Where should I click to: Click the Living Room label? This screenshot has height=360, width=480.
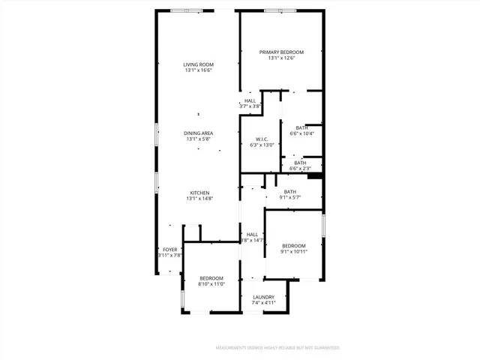(199, 64)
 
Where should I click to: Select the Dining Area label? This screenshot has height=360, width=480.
(199, 133)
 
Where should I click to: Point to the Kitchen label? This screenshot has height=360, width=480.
(199, 192)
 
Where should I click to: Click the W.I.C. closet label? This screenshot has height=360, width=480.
(262, 139)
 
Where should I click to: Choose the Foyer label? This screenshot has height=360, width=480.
(170, 249)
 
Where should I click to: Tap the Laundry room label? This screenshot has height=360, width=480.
(263, 297)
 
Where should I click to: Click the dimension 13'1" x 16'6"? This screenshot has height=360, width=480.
(199, 70)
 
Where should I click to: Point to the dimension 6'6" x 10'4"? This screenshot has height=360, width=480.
(301, 133)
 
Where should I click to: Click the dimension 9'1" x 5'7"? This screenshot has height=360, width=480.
(289, 198)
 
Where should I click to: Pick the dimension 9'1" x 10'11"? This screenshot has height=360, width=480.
(293, 252)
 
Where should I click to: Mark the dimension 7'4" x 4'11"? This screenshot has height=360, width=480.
(263, 303)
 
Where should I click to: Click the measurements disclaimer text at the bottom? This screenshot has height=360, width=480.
(277, 348)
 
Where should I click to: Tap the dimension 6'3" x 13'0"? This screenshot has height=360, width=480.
(262, 145)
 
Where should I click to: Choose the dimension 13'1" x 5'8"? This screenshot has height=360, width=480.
(199, 139)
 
